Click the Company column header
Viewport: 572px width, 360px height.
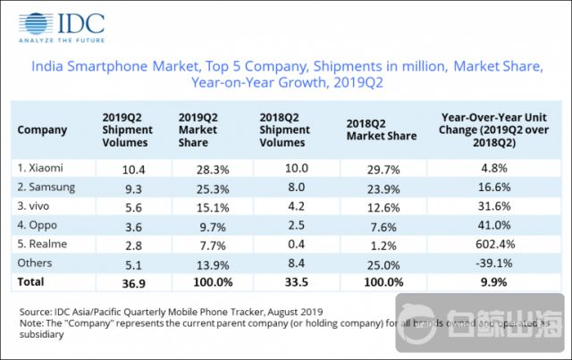pos(42,130)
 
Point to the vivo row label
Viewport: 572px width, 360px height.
pos(38,205)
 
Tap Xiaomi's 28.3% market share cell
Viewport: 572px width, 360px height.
pos(196,168)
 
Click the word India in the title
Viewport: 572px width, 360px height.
pos(48,66)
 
